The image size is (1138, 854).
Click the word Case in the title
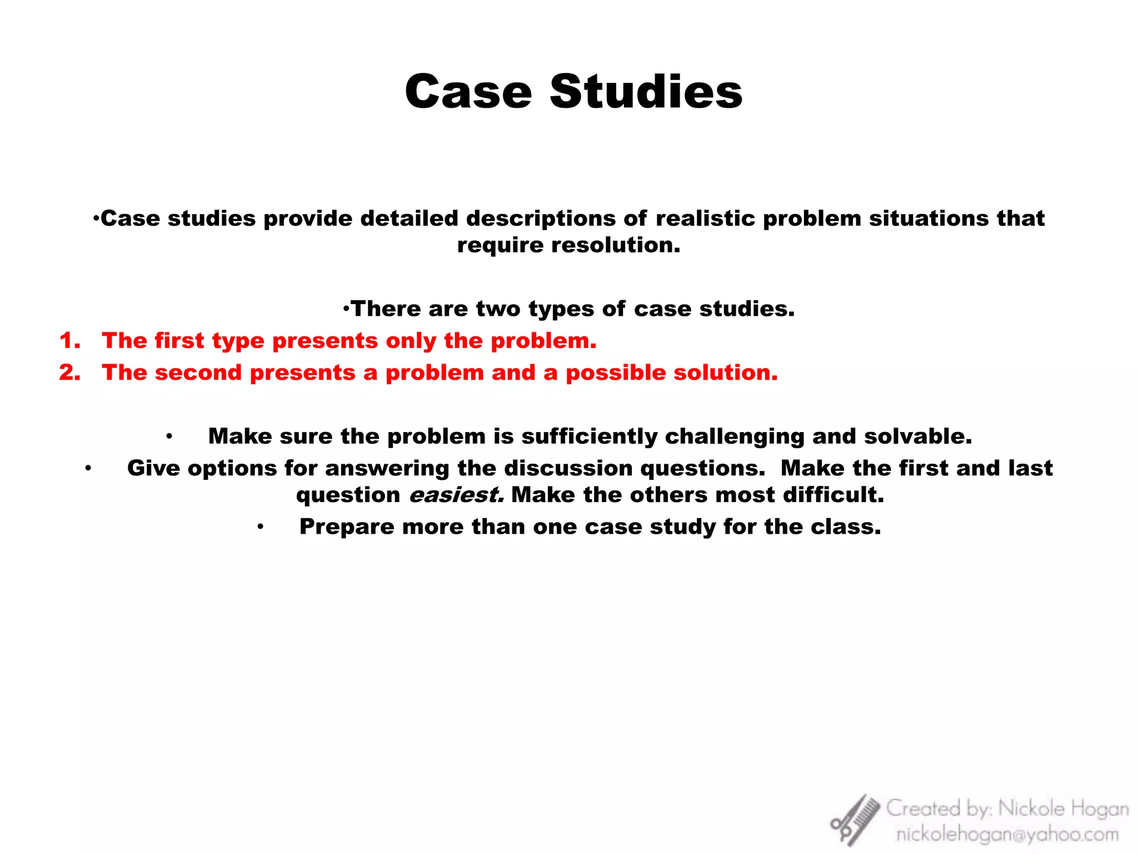(468, 92)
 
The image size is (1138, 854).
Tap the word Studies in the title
(646, 92)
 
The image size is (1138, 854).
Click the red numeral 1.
(69, 341)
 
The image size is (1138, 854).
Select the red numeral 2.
(69, 373)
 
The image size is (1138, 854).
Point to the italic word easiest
(456, 495)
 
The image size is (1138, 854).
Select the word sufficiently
(589, 436)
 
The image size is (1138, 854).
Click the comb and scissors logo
(855, 820)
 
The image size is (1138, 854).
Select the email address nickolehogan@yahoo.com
(1007, 835)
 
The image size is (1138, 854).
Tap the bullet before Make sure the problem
(169, 436)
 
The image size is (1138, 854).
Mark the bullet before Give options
(88, 468)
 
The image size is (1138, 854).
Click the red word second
(198, 373)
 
